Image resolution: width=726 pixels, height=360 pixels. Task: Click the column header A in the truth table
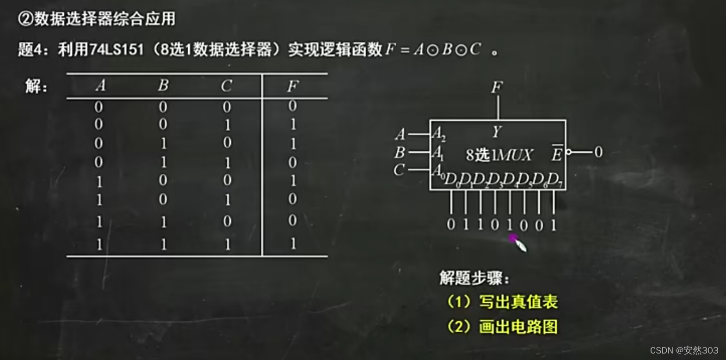(100, 85)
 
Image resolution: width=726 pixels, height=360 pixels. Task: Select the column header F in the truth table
(293, 86)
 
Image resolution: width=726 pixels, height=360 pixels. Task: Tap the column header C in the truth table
(226, 86)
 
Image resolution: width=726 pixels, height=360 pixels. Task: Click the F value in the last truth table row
(293, 244)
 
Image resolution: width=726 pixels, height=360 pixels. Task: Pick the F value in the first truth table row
(293, 106)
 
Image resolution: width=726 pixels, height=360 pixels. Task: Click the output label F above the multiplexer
(497, 87)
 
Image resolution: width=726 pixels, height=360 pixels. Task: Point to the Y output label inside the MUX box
(497, 132)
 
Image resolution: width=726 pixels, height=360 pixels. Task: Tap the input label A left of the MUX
(400, 134)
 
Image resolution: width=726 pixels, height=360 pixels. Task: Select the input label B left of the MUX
(400, 152)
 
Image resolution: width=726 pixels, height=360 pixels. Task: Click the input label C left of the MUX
(399, 170)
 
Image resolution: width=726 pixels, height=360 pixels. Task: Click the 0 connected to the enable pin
(598, 152)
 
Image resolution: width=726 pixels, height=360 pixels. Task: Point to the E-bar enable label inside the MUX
(557, 154)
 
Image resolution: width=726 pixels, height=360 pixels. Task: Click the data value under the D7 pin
(554, 225)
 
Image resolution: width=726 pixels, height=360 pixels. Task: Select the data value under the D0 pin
(451, 225)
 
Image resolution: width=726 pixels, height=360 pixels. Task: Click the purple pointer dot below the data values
(513, 238)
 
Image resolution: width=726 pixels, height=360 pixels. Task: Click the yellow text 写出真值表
(518, 302)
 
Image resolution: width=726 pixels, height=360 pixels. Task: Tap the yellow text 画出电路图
(518, 327)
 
